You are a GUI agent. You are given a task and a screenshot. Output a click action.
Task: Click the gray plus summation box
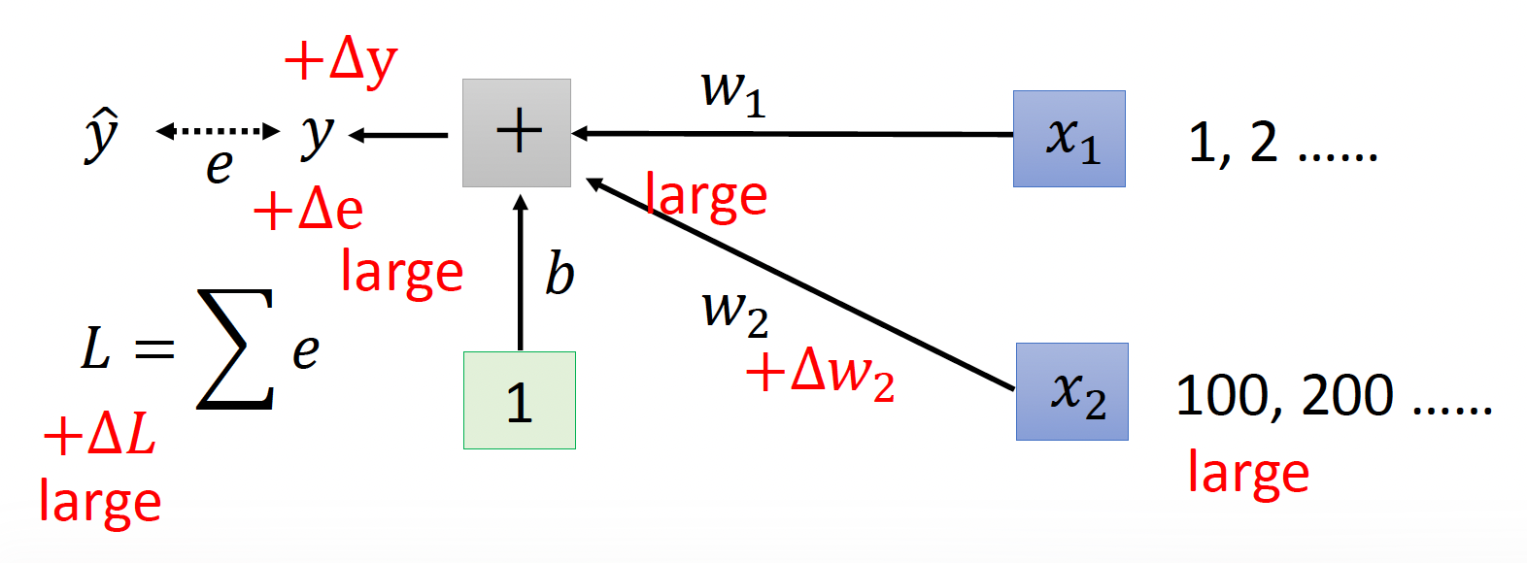click(517, 133)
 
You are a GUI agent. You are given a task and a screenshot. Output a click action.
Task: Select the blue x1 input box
click(1069, 139)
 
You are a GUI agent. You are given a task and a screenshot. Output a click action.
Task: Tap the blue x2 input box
click(1071, 391)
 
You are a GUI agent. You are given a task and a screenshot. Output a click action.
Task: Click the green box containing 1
click(520, 400)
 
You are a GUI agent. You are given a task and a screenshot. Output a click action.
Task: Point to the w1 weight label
click(733, 93)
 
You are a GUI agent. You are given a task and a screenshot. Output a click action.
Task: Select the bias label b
click(560, 274)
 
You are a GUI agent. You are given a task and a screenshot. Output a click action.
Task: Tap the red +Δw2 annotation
click(820, 372)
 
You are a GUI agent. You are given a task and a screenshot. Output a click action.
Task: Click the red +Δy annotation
click(341, 61)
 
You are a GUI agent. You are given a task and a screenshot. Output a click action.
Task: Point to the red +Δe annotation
click(308, 209)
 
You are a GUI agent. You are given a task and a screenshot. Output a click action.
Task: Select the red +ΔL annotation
click(99, 434)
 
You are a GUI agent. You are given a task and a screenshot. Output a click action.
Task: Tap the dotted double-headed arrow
click(218, 131)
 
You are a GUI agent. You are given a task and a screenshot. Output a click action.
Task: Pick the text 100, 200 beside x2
click(1285, 396)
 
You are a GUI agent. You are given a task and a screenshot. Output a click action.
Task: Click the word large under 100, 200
click(1248, 473)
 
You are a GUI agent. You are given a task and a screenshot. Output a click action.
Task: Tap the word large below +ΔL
click(100, 502)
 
